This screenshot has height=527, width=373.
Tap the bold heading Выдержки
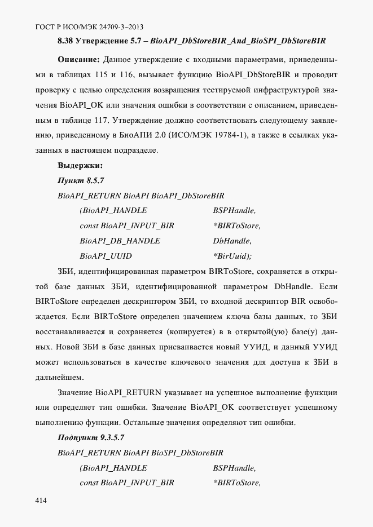point(80,166)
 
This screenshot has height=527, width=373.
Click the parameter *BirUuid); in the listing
point(232,256)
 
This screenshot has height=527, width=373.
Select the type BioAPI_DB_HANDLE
point(120,241)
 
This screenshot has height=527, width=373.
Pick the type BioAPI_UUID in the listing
point(106,256)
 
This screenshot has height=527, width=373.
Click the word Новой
point(71,347)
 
